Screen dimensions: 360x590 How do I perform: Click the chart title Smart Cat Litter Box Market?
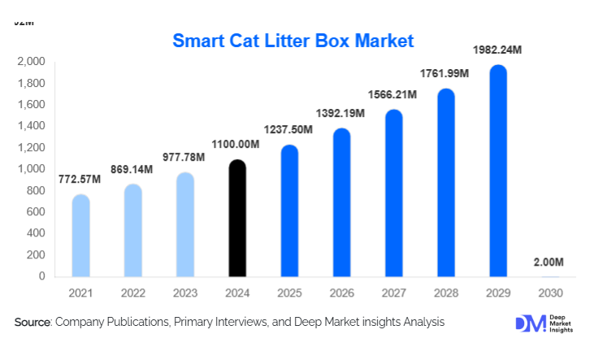tap(293, 40)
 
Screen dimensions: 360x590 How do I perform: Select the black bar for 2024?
tap(236, 219)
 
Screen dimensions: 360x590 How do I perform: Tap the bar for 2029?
tap(497, 172)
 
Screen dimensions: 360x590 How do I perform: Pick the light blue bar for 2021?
tap(80, 236)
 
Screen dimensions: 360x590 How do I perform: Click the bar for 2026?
tap(341, 203)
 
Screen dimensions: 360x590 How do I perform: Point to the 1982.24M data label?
tap(497, 50)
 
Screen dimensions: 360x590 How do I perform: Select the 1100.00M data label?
tap(236, 145)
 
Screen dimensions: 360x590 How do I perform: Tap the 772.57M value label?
tap(80, 180)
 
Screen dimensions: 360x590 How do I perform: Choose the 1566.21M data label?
tap(393, 95)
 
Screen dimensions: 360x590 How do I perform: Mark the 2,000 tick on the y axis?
tap(31, 62)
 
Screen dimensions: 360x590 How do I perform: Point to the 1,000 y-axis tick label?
tap(31, 169)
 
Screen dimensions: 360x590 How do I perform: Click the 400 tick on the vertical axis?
tap(35, 233)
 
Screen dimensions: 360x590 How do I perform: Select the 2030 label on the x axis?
tap(549, 292)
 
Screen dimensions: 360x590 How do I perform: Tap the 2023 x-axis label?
tap(184, 292)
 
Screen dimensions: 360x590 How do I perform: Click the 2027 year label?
tap(393, 292)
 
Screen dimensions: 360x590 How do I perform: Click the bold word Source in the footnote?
tap(33, 323)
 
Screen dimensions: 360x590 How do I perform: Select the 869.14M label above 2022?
tap(132, 169)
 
